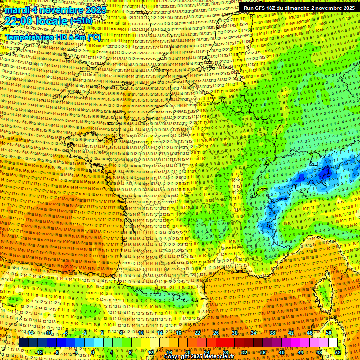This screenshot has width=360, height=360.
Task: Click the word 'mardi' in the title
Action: [16, 10]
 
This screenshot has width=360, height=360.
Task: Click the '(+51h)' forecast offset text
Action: [82, 21]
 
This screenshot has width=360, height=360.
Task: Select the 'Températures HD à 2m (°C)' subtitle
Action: [52, 37]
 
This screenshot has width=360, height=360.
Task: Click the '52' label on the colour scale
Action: [338, 352]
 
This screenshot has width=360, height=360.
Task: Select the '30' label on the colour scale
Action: [235, 333]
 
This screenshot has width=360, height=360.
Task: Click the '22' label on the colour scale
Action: [197, 333]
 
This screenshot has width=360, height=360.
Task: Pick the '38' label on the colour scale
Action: [272, 333]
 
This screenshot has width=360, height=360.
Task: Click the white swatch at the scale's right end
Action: [333, 343]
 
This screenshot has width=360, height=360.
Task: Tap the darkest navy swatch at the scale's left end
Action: [23, 343]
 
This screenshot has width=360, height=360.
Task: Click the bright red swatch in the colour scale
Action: [220, 343]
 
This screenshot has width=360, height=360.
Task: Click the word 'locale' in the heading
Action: [52, 21]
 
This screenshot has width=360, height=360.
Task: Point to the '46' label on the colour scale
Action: [310, 333]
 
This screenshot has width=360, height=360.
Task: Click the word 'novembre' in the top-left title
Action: [61, 10]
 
